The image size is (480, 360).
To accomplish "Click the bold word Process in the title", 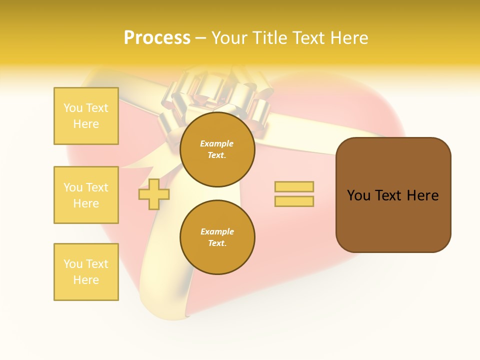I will tap(157, 38).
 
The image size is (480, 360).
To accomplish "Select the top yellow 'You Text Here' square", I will tap(86, 116).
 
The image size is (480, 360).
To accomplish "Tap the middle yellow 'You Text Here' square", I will tap(86, 195).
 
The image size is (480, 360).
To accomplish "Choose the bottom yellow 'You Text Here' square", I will tap(86, 272).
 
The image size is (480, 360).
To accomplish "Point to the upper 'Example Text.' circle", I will tap(217, 149).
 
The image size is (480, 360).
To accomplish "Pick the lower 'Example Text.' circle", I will tap(217, 237).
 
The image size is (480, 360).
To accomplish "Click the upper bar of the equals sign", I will tap(294, 187).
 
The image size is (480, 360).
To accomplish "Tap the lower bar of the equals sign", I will tap(294, 201).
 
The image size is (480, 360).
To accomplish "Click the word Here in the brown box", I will tap(422, 195).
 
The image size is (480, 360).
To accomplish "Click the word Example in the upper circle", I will tap(217, 144).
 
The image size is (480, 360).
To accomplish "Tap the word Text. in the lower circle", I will tap(217, 243).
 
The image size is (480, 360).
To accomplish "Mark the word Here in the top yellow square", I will tap(86, 124).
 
